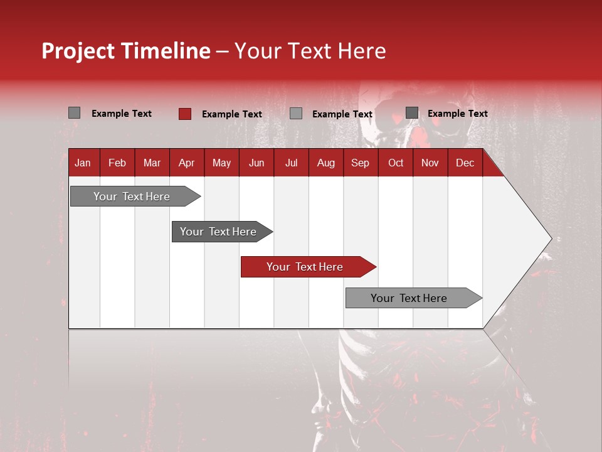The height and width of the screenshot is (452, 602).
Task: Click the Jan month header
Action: tap(83, 163)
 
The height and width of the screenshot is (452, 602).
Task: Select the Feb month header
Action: tap(117, 163)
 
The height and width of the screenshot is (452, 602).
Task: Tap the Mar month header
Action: tap(152, 163)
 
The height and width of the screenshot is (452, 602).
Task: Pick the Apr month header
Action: tap(186, 163)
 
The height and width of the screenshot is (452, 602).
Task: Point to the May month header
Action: tap(221, 163)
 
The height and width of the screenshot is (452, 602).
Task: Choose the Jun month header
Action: tap(256, 163)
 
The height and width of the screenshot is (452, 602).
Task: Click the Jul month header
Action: tap(291, 163)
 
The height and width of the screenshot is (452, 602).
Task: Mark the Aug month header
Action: tap(325, 163)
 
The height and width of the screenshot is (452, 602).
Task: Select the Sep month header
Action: tap(360, 163)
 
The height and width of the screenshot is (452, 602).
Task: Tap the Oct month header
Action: tap(396, 163)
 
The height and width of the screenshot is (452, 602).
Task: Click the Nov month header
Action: tap(430, 163)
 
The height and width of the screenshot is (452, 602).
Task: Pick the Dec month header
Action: tap(465, 163)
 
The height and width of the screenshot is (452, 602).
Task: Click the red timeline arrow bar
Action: tap(305, 267)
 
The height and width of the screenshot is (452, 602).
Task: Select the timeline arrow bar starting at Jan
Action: tap(132, 196)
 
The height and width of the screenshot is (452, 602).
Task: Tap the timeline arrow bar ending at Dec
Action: tap(409, 298)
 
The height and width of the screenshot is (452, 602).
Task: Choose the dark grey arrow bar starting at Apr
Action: tap(218, 232)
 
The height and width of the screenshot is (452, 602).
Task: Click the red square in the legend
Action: tap(184, 114)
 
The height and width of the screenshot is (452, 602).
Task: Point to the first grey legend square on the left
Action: tap(74, 113)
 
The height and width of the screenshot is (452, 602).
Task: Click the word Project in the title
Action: tap(77, 51)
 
